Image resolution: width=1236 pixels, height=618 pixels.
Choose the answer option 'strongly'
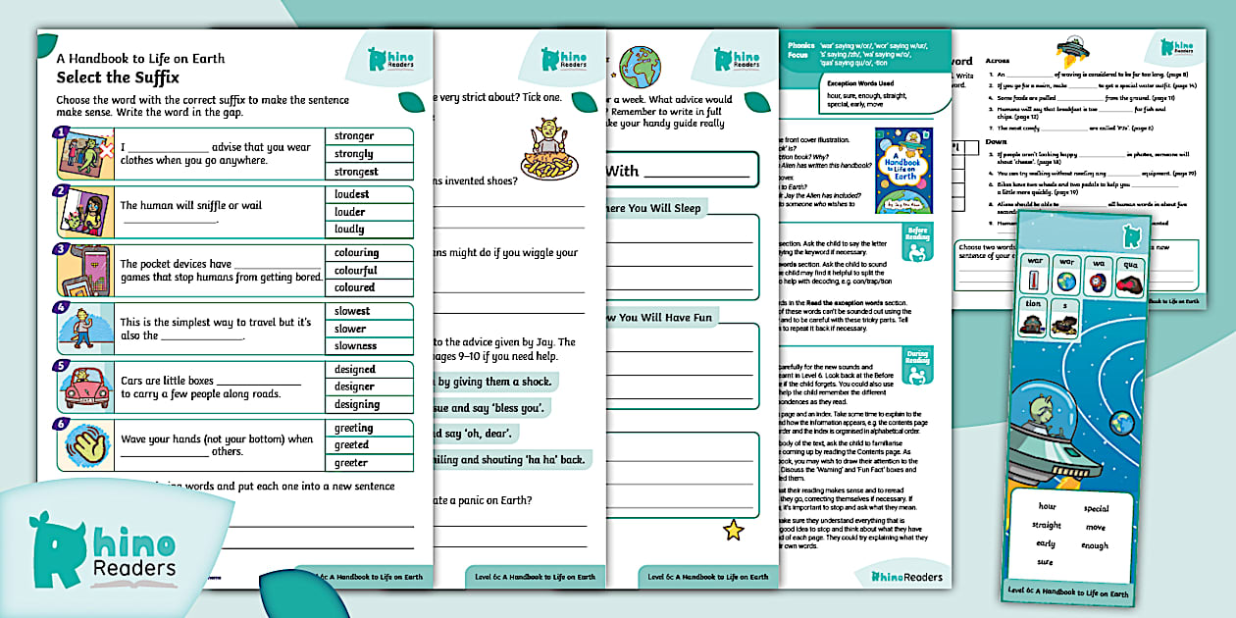(x=353, y=154)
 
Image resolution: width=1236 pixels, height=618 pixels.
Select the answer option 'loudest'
(x=351, y=194)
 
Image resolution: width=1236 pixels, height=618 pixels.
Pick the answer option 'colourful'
(x=355, y=270)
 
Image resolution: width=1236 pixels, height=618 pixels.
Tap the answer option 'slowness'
(x=355, y=345)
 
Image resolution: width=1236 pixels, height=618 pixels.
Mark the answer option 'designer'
(x=354, y=386)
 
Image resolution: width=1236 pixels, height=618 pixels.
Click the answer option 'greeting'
(x=353, y=428)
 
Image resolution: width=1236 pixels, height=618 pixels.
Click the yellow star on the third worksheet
(x=733, y=531)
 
